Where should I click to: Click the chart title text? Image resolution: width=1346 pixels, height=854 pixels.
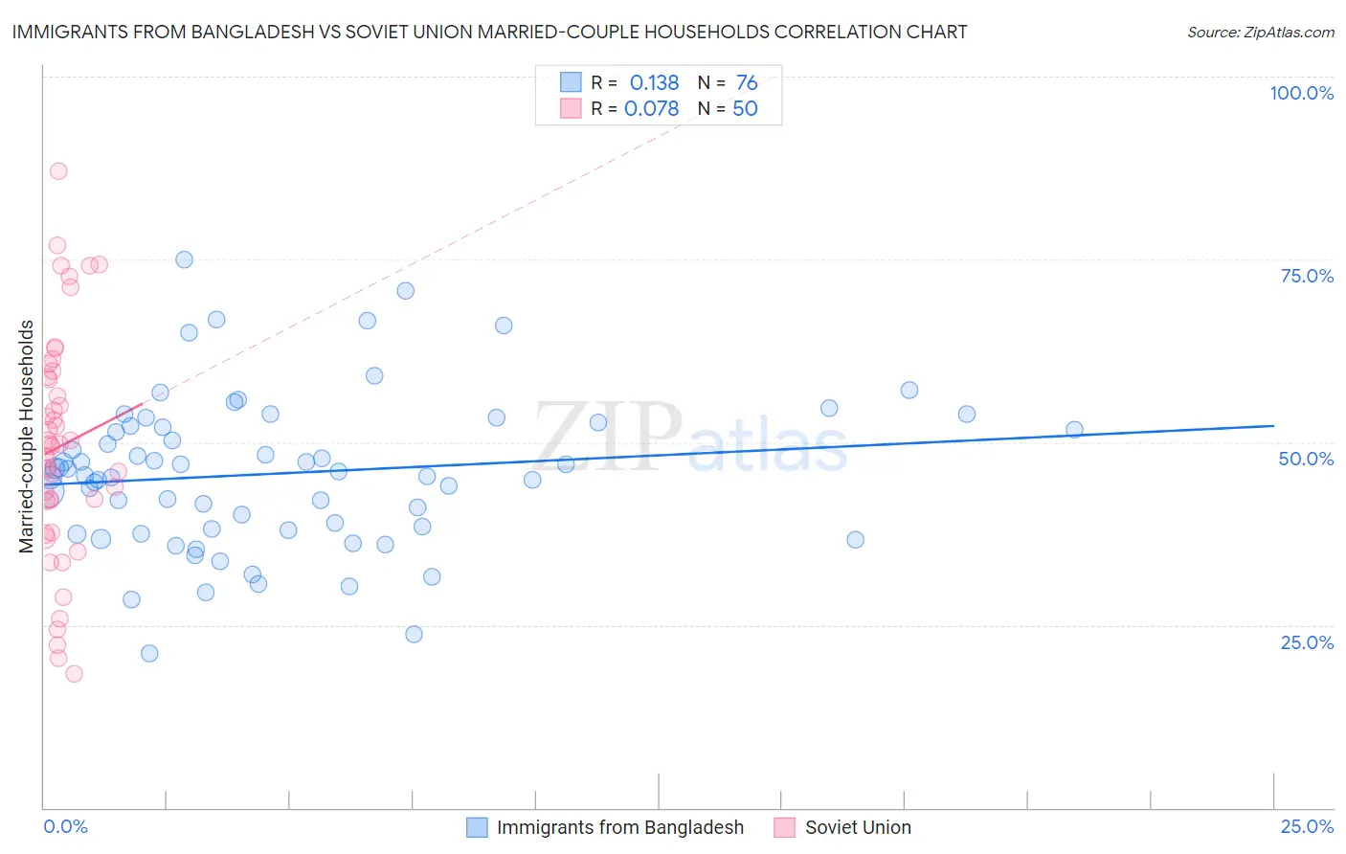point(488,32)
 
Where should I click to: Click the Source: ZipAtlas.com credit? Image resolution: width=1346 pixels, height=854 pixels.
point(1260,32)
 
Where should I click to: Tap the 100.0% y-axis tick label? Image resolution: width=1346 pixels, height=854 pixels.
point(1301,93)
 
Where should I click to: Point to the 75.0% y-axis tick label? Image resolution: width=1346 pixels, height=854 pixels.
point(1307,276)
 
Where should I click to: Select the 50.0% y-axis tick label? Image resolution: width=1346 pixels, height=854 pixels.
point(1306,459)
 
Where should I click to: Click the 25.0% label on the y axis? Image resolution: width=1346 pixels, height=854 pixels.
point(1307,642)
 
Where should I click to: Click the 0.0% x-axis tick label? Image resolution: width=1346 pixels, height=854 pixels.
point(65,826)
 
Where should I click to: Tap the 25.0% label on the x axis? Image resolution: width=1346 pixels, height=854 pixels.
point(1307,826)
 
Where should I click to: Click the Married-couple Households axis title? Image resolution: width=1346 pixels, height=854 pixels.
point(27,437)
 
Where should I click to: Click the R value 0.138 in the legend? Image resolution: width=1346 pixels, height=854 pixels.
point(654,83)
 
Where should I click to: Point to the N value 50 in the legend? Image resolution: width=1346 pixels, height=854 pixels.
point(745,109)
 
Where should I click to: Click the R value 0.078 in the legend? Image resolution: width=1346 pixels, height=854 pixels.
point(651,109)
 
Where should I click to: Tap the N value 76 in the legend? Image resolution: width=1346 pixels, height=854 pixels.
point(747,83)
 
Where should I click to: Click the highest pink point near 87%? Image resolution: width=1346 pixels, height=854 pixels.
point(58,171)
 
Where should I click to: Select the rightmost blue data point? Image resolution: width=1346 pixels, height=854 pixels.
point(1074,430)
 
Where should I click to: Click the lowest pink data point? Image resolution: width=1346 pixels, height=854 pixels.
point(74,674)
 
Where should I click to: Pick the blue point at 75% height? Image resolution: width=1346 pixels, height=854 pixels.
point(184,259)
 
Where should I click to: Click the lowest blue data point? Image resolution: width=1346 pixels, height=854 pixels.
point(149,654)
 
